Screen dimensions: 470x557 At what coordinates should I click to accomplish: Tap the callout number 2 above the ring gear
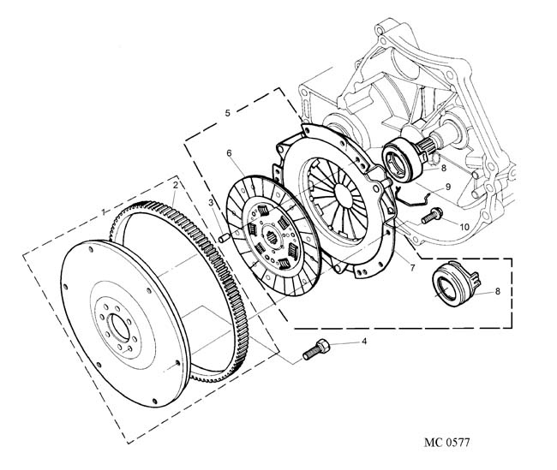tap(175, 185)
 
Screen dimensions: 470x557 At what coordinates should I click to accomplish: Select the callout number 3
tap(211, 202)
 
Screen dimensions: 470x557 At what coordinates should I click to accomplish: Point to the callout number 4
tap(363, 342)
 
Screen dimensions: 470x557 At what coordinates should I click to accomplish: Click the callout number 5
tap(227, 112)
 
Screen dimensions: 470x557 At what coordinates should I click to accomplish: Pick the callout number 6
tap(230, 153)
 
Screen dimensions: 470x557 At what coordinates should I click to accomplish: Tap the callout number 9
tap(446, 187)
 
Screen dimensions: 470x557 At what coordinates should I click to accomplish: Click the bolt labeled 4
tap(316, 350)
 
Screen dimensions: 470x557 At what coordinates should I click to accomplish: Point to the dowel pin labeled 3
tap(221, 235)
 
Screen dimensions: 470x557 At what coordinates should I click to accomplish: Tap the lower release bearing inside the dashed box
tap(447, 285)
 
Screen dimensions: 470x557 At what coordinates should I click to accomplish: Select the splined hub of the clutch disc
tap(273, 236)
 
